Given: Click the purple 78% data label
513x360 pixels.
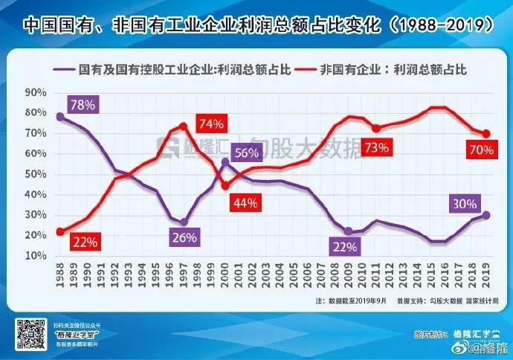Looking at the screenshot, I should [x=83, y=105].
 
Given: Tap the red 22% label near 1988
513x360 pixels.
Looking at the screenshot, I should [x=84, y=242].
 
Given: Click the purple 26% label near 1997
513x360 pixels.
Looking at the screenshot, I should [x=184, y=238].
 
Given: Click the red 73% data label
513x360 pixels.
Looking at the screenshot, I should [x=377, y=147].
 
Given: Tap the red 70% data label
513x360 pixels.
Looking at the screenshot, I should [x=481, y=150].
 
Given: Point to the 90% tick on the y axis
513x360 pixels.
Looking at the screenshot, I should [x=36, y=93].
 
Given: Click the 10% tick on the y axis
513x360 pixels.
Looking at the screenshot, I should [x=36, y=256].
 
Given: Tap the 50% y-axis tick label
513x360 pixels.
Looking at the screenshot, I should [x=36, y=174].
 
